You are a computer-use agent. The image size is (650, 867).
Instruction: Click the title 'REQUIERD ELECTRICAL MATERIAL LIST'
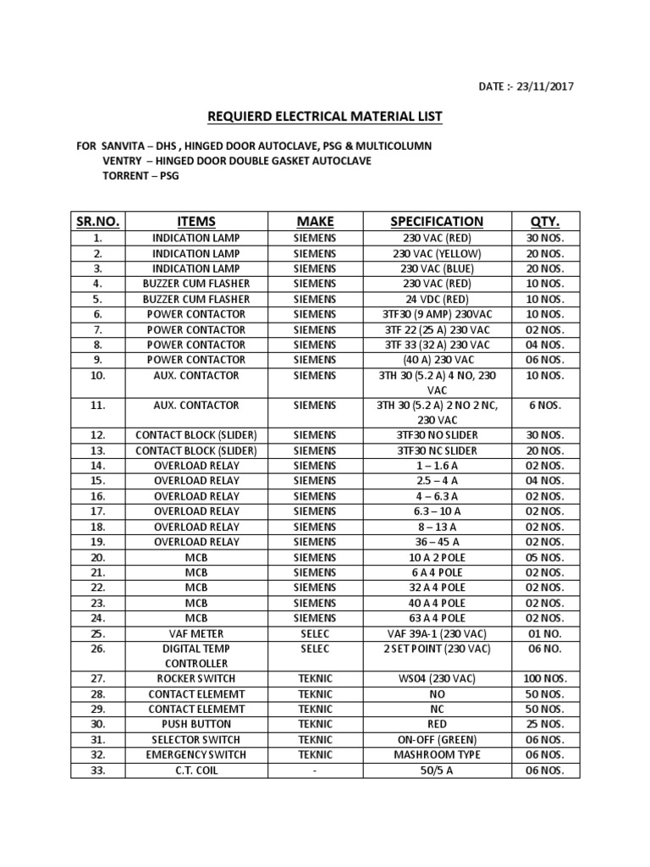pos(326,116)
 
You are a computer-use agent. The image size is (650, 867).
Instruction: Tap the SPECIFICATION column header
pos(437,221)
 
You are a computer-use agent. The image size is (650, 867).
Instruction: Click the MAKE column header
pos(314,221)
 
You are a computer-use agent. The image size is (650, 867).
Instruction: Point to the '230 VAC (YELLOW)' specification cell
pos(437,253)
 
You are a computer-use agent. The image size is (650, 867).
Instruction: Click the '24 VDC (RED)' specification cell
pos(437,299)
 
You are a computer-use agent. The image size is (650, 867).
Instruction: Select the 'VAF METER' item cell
pos(196,632)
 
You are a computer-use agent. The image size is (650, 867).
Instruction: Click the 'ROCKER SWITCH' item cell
pos(196,678)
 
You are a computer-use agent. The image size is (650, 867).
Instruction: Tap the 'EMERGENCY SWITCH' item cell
pos(196,754)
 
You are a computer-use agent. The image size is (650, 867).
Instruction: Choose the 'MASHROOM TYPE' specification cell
pos(437,754)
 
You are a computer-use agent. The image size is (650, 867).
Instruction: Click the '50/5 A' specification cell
pos(437,770)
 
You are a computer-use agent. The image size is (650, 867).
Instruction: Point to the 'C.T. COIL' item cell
pos(196,770)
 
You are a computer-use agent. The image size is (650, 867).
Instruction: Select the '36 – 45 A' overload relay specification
pos(437,541)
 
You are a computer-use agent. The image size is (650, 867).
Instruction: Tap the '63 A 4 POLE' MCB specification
pos(437,617)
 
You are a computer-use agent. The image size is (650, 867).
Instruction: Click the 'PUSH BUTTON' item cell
pos(196,724)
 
